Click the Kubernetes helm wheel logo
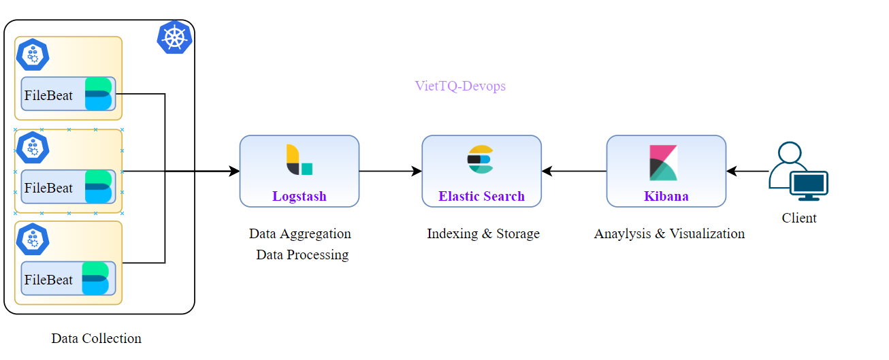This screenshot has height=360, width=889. [174, 37]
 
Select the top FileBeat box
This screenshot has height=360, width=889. [68, 94]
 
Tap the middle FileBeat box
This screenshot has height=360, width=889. [68, 187]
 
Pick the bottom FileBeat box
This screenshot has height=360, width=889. [68, 278]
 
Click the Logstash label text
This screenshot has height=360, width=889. [300, 196]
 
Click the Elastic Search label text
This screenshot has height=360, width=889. [481, 196]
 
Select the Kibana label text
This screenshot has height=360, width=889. [666, 196]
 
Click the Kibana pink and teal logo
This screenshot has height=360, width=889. [663, 163]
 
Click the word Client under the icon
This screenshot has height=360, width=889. [799, 218]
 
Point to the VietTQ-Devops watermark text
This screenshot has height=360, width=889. [460, 86]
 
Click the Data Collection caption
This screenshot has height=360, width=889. [96, 338]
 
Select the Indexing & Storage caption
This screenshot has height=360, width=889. [483, 233]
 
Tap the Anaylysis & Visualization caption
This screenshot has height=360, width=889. [669, 233]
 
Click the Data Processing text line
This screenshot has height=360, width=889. [302, 255]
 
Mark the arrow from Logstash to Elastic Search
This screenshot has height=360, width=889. [390, 171]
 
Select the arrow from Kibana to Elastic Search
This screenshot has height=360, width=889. [574, 171]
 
